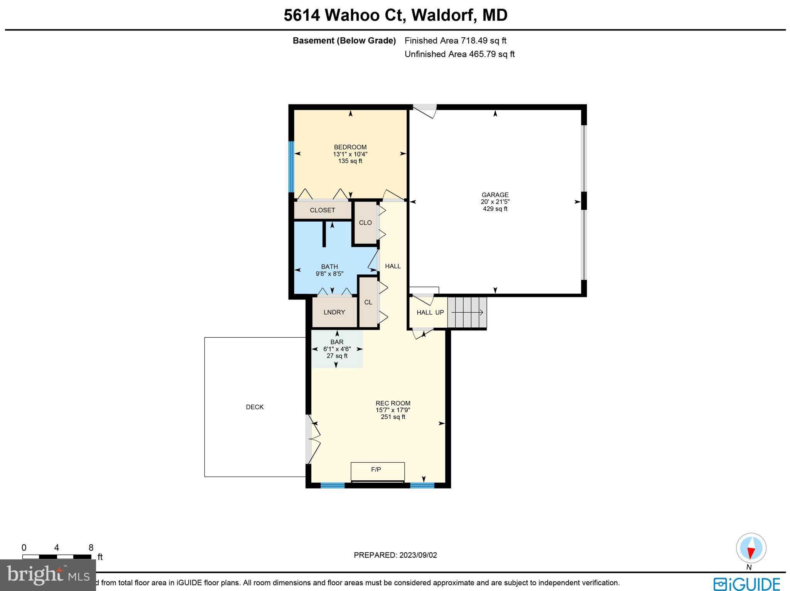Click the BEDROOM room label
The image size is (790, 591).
(350, 147)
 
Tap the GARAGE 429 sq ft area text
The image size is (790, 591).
(495, 209)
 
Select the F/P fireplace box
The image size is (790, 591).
(377, 471)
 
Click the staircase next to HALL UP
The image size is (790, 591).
(467, 312)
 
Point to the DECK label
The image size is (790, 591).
(255, 407)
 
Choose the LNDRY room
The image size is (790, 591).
(334, 312)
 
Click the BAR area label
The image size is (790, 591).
(337, 342)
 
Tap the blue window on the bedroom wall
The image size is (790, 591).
(292, 167)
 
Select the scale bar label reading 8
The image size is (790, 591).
(91, 548)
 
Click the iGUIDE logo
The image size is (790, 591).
(746, 583)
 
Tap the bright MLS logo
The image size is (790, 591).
(47, 575)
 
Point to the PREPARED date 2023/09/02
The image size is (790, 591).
(395, 555)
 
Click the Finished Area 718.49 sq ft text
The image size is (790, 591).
(455, 40)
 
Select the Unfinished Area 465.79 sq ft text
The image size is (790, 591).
(459, 54)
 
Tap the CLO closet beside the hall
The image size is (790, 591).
(365, 223)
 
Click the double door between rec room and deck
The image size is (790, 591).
(313, 439)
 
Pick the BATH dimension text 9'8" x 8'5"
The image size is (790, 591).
(329, 274)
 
